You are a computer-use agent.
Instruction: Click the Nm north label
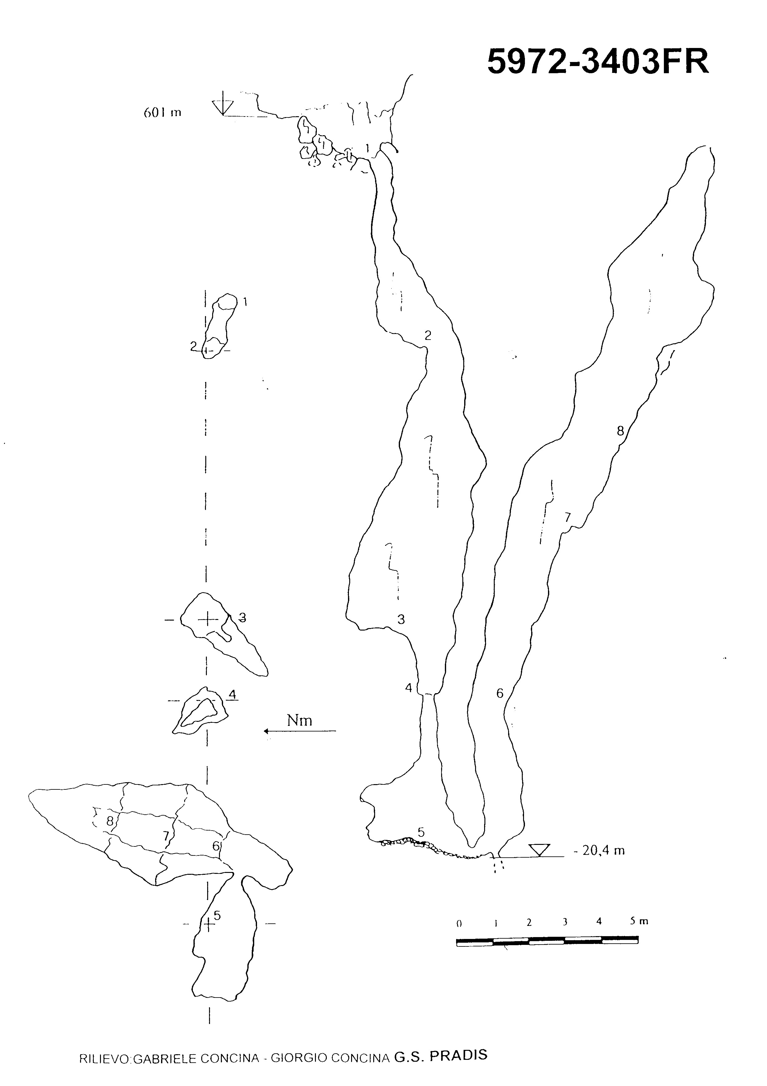click(x=299, y=720)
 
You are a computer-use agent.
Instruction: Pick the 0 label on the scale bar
click(x=459, y=923)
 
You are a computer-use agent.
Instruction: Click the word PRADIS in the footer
click(x=458, y=1055)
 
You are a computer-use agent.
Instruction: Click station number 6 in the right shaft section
click(x=500, y=693)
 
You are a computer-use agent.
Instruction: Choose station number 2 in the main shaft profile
click(x=428, y=335)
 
